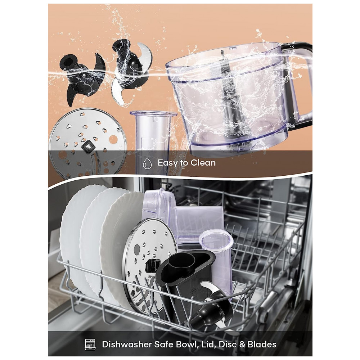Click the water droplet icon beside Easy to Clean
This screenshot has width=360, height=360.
click(147, 163)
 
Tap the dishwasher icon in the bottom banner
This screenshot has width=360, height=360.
click(90, 345)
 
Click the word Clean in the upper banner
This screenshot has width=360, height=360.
click(203, 163)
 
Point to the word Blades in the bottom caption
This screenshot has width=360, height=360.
click(262, 345)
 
